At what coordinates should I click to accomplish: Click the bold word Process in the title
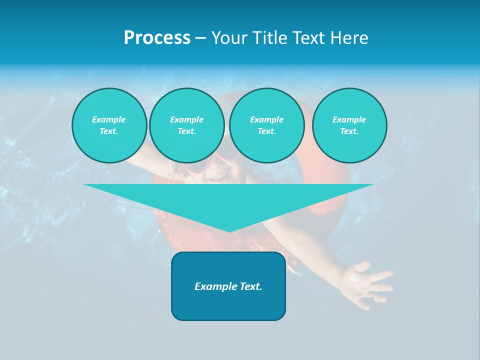click(157, 38)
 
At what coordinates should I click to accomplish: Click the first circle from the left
click(109, 125)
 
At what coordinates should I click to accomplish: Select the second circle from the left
click(186, 125)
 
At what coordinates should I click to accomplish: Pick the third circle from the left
click(266, 125)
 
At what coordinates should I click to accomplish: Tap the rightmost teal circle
click(349, 125)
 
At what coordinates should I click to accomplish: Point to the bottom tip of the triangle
click(228, 231)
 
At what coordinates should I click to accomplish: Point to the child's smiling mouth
click(220, 176)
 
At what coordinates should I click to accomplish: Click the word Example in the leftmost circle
click(109, 119)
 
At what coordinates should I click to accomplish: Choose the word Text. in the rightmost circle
click(349, 131)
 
